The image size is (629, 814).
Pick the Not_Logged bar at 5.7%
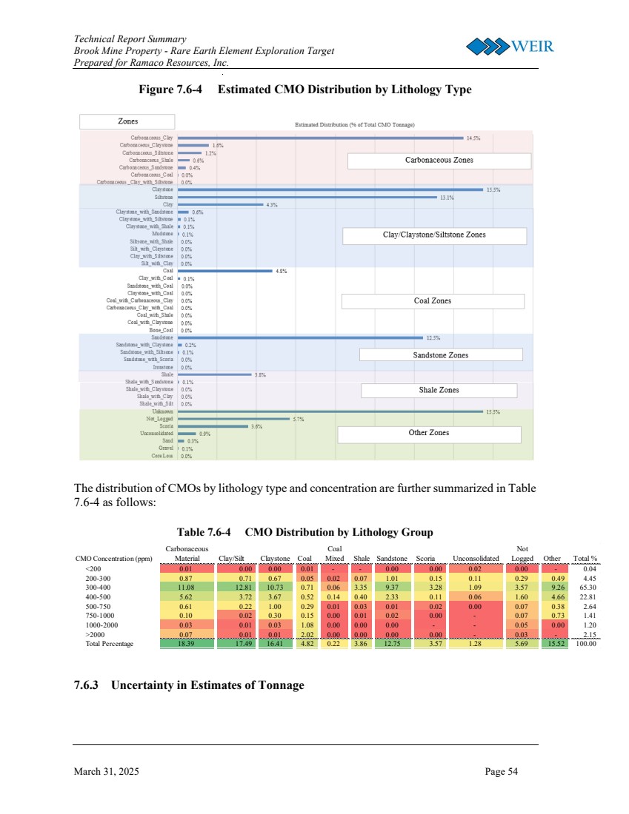coord(233,419)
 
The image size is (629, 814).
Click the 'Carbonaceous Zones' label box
coord(439,161)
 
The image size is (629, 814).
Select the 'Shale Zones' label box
coord(439,390)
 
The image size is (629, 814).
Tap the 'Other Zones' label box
coord(428,433)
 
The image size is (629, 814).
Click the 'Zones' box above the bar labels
coord(127,121)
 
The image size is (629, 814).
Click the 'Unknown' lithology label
coord(162,411)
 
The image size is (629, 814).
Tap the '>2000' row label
coord(95,634)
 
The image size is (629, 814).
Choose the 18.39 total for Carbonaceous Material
coord(186,644)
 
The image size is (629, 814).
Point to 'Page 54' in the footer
coord(502,772)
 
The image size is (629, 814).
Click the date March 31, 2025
coord(106,772)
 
